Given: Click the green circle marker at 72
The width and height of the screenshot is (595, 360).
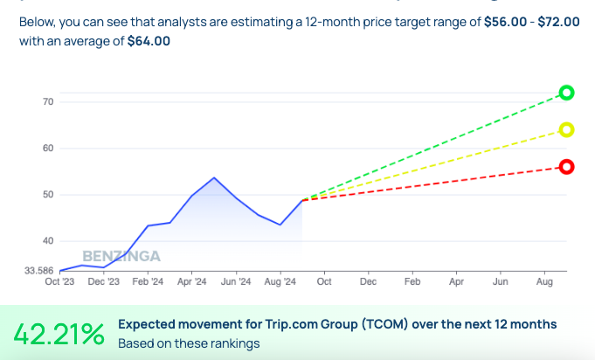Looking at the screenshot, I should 566,93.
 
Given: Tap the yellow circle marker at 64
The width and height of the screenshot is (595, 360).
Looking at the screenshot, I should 566,129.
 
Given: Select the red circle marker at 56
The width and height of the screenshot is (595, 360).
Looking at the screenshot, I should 566,167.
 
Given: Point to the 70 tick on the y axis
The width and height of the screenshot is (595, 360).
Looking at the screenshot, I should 48,102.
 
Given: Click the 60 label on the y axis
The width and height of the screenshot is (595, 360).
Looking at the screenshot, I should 48,149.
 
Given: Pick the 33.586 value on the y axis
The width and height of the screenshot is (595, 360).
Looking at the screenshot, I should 38,271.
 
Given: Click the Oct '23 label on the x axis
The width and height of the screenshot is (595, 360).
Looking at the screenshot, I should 60,282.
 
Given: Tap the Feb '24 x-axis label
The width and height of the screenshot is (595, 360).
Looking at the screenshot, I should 148,282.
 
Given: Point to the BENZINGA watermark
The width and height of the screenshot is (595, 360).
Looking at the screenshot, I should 122,256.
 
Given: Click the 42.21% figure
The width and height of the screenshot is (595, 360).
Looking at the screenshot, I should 59,333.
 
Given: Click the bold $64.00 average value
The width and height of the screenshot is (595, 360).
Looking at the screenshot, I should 149,40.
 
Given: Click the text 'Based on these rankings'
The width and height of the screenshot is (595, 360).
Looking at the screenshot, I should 189,343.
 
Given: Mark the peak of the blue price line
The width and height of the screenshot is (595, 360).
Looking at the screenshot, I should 214,177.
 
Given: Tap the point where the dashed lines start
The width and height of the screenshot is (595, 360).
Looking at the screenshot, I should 302,200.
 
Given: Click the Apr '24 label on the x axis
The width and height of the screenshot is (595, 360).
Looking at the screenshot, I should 191,282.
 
